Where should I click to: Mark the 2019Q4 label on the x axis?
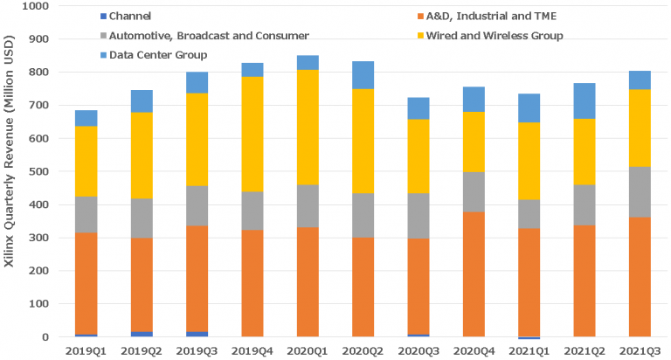point(252,350)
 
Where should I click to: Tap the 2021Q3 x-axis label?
point(640,350)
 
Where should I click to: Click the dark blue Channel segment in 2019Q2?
point(142,334)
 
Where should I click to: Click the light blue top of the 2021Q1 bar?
point(529,107)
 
